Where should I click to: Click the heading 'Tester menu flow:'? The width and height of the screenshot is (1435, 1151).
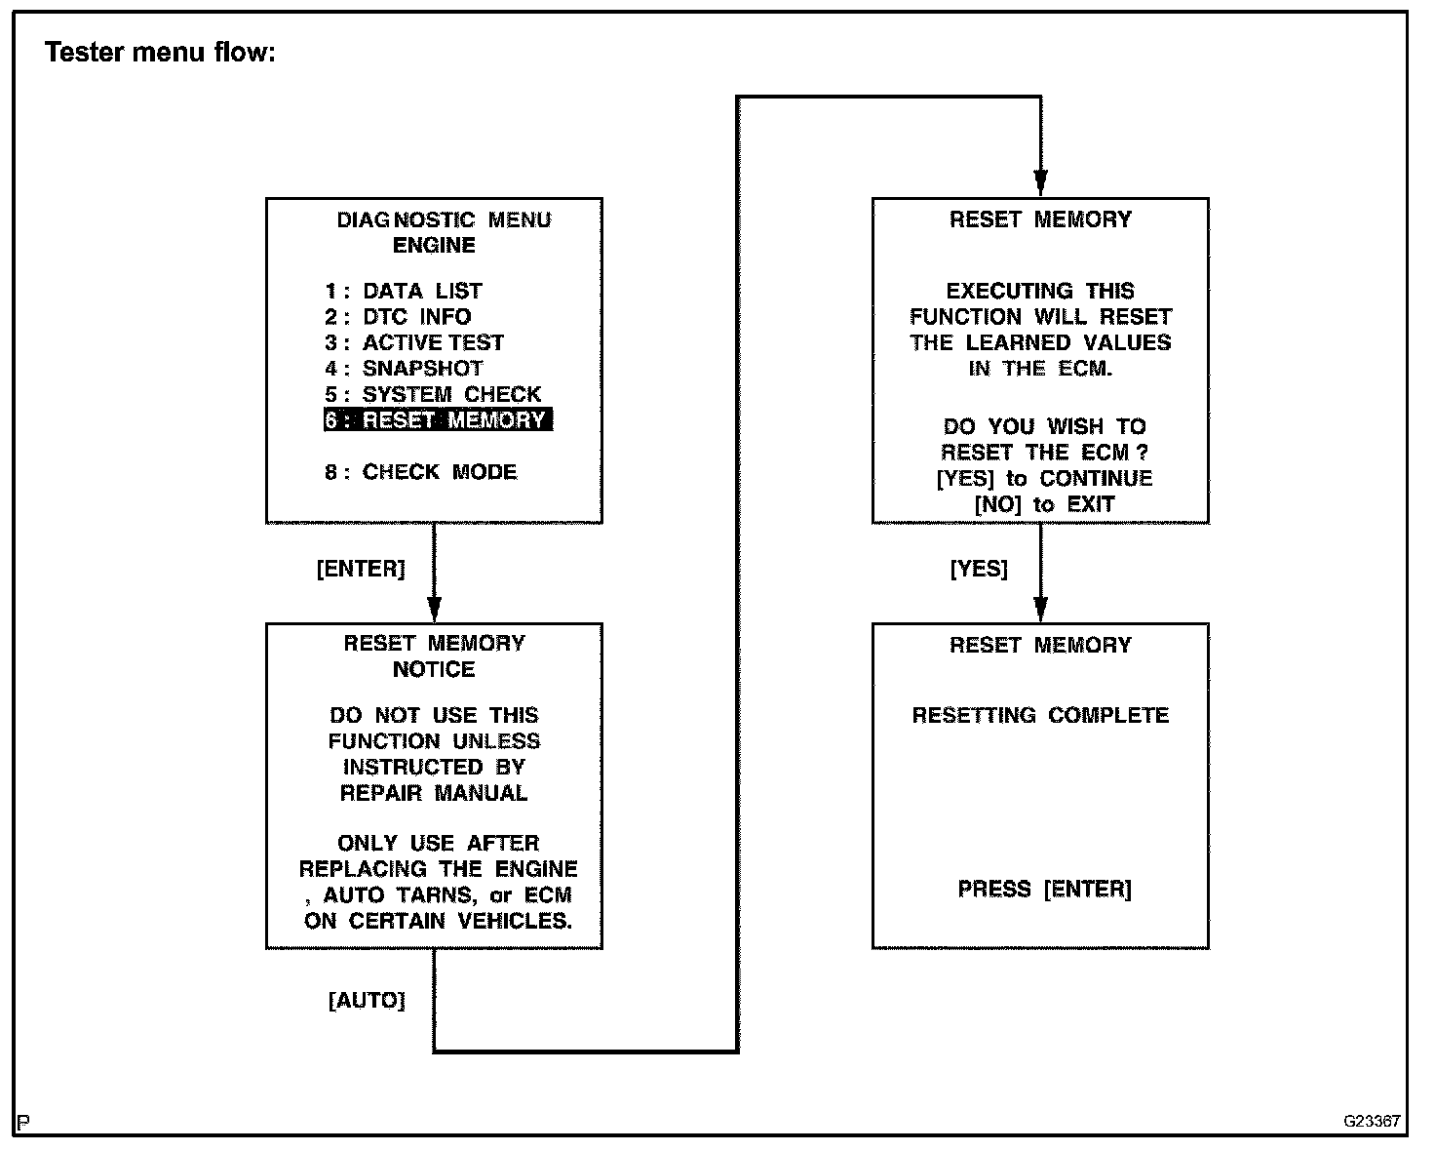coord(161,53)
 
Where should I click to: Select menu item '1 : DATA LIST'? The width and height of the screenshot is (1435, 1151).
coord(404,291)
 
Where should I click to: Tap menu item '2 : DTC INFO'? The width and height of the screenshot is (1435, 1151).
coord(398,317)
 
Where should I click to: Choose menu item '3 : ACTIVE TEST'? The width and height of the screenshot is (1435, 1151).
coord(414,342)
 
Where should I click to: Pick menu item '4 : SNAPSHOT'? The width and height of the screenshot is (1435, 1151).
coord(404,369)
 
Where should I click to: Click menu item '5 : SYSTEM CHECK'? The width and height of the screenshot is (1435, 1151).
coord(433,394)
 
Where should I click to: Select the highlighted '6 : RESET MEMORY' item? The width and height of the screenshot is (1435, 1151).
coord(438,420)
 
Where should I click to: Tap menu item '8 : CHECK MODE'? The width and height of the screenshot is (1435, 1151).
coord(421,472)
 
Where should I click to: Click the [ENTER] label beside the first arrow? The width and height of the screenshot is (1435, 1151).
coord(361,569)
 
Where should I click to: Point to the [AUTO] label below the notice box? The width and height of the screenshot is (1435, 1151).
coord(367,1001)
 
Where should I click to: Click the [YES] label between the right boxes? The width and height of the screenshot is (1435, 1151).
coord(979,569)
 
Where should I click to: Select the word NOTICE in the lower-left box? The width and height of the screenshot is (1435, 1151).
coord(434,670)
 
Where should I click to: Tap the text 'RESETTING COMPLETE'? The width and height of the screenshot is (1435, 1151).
coord(1040,715)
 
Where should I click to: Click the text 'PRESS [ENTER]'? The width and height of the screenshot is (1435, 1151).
coord(1044,889)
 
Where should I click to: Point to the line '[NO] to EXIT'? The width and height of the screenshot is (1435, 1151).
coord(1044,504)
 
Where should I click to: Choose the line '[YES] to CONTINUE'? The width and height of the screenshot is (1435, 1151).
coord(1044,479)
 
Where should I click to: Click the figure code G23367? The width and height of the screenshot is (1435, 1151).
coord(1372,1121)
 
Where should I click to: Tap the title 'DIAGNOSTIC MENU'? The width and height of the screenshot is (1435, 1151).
coord(444,220)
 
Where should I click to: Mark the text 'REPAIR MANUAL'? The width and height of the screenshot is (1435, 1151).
coord(434,793)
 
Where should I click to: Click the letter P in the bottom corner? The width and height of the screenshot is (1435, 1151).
coord(22,1123)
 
